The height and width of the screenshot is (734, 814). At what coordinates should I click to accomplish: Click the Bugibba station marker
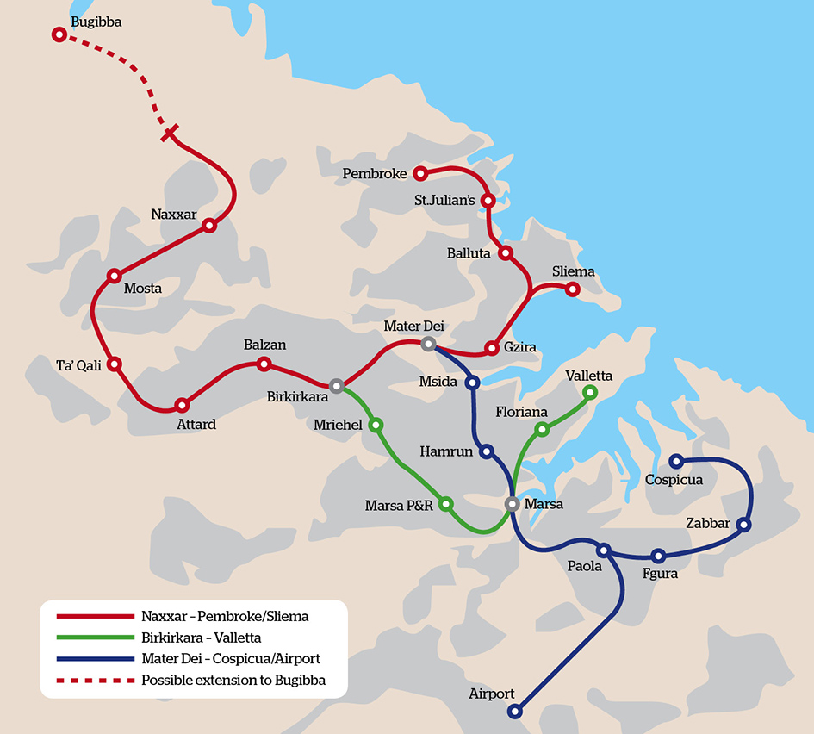(x=59, y=34)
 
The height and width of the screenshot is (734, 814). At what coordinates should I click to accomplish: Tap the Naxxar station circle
(x=208, y=226)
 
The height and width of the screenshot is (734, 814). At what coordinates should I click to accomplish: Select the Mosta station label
(x=143, y=289)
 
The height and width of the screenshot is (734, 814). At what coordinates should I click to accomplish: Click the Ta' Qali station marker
(x=115, y=364)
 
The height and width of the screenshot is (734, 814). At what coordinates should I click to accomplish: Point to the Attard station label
(x=196, y=424)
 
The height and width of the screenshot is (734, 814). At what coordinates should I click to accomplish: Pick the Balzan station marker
(x=264, y=364)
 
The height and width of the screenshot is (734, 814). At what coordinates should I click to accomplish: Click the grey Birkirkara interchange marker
(x=336, y=386)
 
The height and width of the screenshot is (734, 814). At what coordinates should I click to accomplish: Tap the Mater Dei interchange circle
(x=428, y=344)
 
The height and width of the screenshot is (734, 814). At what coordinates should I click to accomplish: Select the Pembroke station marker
(x=420, y=174)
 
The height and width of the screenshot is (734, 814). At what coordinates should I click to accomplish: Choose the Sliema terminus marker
(x=572, y=289)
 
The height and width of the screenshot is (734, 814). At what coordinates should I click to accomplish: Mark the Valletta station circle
(x=590, y=393)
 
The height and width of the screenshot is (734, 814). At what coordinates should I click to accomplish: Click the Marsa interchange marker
(x=512, y=504)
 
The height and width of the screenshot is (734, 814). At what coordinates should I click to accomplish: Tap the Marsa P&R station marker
(x=446, y=503)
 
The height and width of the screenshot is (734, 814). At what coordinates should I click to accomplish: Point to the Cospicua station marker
(x=677, y=461)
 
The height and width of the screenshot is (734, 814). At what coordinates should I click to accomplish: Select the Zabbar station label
(x=708, y=524)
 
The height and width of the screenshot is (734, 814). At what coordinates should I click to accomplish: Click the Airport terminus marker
(x=514, y=712)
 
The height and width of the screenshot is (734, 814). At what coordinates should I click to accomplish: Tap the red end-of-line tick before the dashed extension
(x=171, y=133)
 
